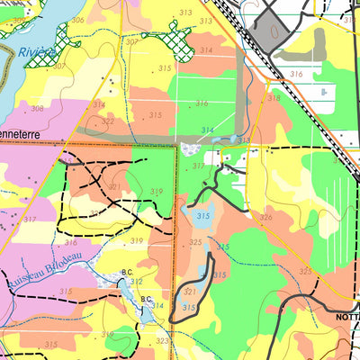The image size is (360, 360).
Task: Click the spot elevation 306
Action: pyautogui.click(x=77, y=20)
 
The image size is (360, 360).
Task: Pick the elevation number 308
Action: pyautogui.click(x=37, y=108)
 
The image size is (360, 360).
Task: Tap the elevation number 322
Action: pyautogui.click(x=108, y=121)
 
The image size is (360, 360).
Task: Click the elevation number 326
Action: pyautogui.click(x=265, y=217)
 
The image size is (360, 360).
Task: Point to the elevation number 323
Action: pyautogui.click(x=162, y=341)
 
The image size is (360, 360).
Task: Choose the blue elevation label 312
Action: pyautogui.click(x=137, y=281)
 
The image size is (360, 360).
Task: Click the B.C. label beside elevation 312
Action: pyautogui.click(x=127, y=271)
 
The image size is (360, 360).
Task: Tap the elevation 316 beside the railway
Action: pyautogui.click(x=296, y=74)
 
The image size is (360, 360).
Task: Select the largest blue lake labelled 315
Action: pyautogui.click(x=202, y=216)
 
